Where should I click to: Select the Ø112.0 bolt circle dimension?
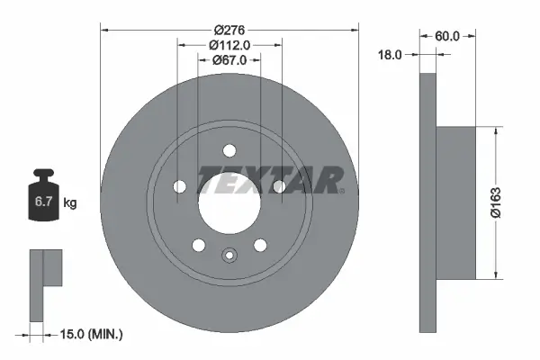pyautogui.click(x=229, y=45)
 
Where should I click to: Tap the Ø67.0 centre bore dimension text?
pyautogui.click(x=229, y=59)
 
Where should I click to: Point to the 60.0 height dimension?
pyautogui.click(x=447, y=36)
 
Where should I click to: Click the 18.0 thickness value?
pyautogui.click(x=391, y=55)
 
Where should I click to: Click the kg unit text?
pyautogui.click(x=70, y=203)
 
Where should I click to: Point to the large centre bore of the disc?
pyautogui.click(x=229, y=198)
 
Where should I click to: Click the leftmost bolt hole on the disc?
pyautogui.click(x=180, y=186)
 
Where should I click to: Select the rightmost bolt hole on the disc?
pyautogui.click(x=279, y=186)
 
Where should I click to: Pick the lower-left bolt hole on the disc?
pyautogui.click(x=199, y=244)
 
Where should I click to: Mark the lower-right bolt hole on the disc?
pyautogui.click(x=260, y=244)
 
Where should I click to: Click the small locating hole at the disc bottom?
pyautogui.click(x=229, y=255)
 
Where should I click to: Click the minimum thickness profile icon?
pyautogui.click(x=43, y=283)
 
